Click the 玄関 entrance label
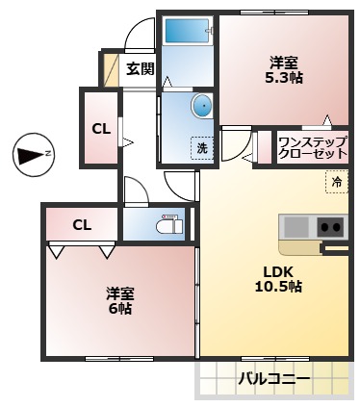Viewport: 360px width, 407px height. [140, 68]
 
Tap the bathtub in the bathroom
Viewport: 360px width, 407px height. [186, 30]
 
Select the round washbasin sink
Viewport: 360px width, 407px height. [202, 105]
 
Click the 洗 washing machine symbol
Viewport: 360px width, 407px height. [202, 148]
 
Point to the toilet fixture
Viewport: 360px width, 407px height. [168, 225]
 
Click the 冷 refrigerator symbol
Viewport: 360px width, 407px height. [336, 181]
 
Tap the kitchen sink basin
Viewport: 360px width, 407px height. [296, 227]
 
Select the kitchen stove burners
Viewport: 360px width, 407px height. [330, 227]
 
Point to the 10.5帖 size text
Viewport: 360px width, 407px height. [278, 286]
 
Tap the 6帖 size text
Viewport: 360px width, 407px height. [119, 309]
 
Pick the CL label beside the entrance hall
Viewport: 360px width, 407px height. [100, 128]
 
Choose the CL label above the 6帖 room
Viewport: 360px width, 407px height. [82, 225]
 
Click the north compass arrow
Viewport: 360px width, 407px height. [35, 153]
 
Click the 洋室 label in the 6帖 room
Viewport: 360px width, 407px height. [119, 293]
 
